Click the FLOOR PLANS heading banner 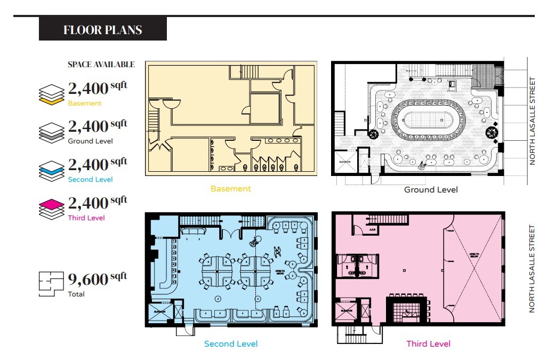pos(102,29)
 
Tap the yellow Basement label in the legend pos(84,103)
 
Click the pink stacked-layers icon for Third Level pos(52,207)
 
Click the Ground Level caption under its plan pos(430,190)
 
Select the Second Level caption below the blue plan pos(231,344)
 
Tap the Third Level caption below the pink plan pos(428,344)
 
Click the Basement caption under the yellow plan pos(230,189)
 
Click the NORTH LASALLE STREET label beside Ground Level pos(532,121)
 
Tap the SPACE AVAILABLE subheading pos(101,65)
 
